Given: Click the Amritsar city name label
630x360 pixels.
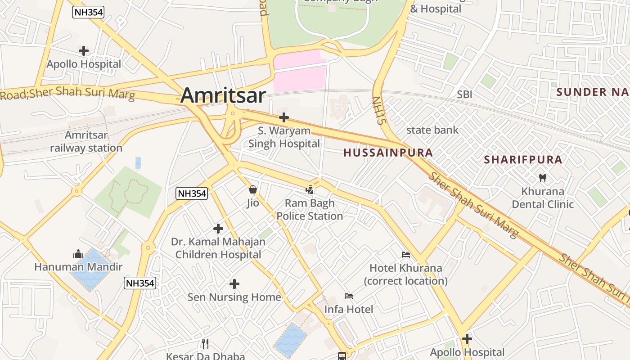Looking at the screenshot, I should pos(223,95).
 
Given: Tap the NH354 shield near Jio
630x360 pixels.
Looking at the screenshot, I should pos(192,193).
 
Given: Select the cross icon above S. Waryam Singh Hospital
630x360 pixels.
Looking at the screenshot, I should pos(283,118).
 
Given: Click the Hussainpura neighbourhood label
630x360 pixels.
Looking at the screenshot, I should pos(388,153).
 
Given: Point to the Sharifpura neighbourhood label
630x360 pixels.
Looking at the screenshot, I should pos(523,160).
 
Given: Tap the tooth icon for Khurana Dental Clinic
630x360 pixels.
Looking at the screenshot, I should pos(543,178).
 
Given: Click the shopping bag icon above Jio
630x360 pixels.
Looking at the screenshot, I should pos(253,190).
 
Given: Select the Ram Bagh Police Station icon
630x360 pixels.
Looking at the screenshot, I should pos(310,190).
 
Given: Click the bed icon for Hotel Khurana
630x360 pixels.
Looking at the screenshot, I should pos(406,255).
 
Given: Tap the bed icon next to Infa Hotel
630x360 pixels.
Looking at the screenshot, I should pos(349,296).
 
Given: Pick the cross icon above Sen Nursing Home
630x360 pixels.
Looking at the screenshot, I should pos(234,284).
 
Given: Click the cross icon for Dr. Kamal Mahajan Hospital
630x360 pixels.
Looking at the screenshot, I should pos(218,229).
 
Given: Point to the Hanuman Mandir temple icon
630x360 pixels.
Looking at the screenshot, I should pos(78,254).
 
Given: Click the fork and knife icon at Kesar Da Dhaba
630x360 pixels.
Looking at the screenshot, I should pos(205,344).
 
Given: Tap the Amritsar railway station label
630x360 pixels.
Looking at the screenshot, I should pos(86,141).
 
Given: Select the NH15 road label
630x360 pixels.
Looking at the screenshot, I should pos(379,111).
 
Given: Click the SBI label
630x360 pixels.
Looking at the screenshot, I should pos(464,94).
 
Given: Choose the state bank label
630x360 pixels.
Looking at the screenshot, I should pos(432,130).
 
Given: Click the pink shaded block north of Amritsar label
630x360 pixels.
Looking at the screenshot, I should pos(299,71).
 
